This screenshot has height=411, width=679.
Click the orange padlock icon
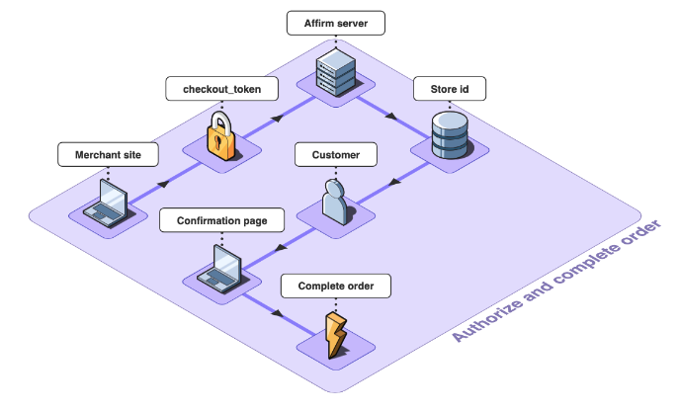tap(220, 137)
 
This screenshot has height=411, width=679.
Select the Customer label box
tap(336, 155)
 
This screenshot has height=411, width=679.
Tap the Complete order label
tap(336, 287)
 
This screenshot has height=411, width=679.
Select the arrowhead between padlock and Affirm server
tap(278, 117)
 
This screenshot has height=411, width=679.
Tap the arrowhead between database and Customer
tap(395, 180)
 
